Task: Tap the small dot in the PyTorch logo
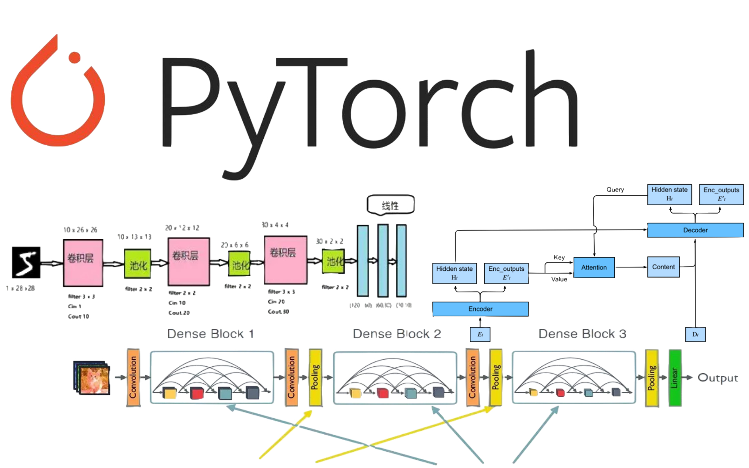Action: coord(74,58)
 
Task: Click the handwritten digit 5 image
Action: coord(26,262)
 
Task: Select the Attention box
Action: coord(594,267)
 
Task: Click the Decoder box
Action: coord(695,230)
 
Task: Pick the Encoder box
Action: coord(480,309)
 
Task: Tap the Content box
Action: coord(663,267)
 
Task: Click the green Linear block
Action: coord(675,378)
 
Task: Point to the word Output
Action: coord(718,378)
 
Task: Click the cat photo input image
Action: coord(92,378)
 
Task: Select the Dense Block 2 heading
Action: coord(397,334)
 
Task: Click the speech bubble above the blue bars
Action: coord(390,205)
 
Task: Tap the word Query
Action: coord(615,190)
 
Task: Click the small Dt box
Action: coord(695,335)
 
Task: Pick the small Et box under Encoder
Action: coord(480,335)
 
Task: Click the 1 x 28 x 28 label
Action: coord(20,288)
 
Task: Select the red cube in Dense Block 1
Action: coord(197,393)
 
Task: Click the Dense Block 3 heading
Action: coord(582,334)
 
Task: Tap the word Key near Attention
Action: coord(559,258)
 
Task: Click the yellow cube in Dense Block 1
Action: coord(170,393)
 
